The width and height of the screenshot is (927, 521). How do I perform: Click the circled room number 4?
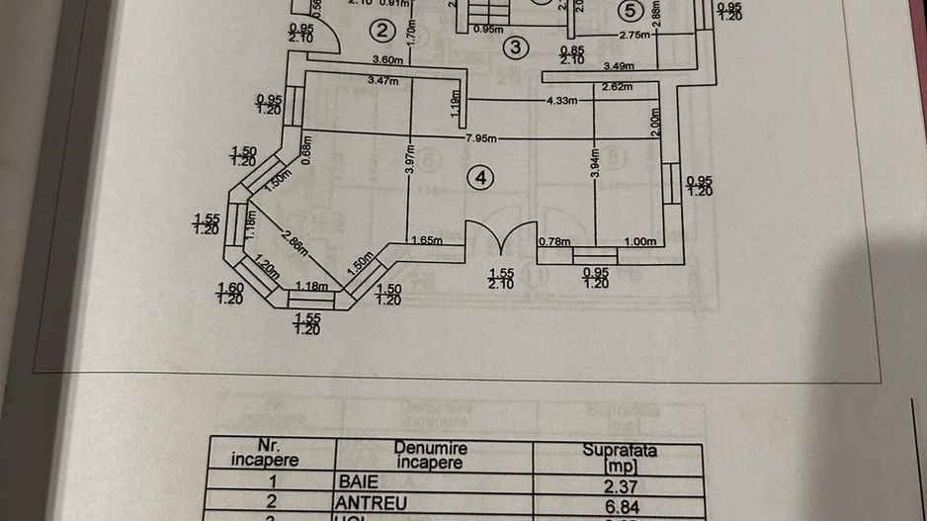click(480, 177)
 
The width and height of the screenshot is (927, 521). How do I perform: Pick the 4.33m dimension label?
click(561, 101)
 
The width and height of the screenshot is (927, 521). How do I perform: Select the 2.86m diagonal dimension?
click(295, 239)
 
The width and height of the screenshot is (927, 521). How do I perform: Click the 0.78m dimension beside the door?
click(555, 241)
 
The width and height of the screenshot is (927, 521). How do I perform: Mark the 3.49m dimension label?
click(618, 66)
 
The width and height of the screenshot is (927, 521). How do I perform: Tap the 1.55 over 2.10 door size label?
click(502, 278)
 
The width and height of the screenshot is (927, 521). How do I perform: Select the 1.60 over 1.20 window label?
click(230, 293)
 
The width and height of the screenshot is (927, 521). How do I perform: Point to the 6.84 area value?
click(619, 503)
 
